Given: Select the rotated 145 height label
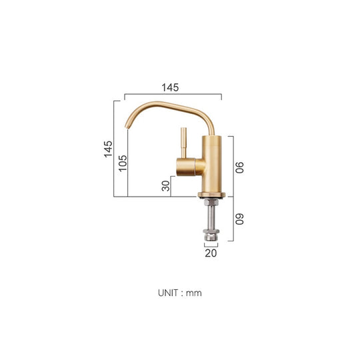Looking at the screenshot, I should pyautogui.click(x=108, y=149).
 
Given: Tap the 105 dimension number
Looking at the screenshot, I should pyautogui.click(x=123, y=163).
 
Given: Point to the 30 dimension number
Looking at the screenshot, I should pyautogui.click(x=166, y=187).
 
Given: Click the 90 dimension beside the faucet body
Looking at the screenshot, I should pyautogui.click(x=239, y=166).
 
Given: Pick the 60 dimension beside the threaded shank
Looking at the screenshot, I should pyautogui.click(x=239, y=219).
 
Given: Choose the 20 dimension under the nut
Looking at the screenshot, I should pyautogui.click(x=211, y=253).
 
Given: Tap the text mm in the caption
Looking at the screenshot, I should pyautogui.click(x=194, y=292).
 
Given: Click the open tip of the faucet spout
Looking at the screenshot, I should pyautogui.click(x=127, y=124).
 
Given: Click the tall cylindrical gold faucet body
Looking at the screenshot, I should pyautogui.click(x=209, y=163).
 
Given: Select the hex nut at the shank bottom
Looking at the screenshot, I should pyautogui.click(x=211, y=235).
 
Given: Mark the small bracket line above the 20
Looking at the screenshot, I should pyautogui.click(x=211, y=245).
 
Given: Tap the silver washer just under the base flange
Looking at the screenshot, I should pyautogui.click(x=211, y=201).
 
